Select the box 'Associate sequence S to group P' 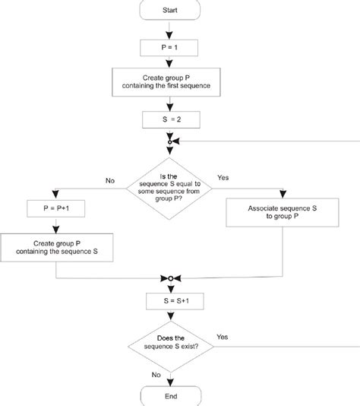(x=283, y=212)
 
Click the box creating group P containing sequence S (x=58, y=247)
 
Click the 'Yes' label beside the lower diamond (x=222, y=335)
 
